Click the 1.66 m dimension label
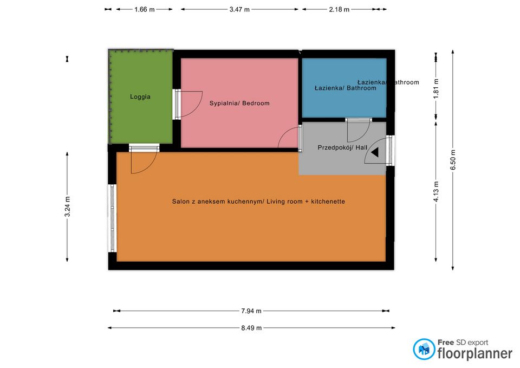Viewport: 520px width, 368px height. point(144,9)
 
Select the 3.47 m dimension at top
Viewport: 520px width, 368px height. point(239,9)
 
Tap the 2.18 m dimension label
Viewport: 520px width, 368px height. point(339,9)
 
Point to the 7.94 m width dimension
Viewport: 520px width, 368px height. point(251,311)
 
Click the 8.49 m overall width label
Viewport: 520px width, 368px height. point(251,328)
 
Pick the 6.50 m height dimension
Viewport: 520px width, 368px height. point(453,159)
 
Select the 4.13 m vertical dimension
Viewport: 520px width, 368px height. point(436,191)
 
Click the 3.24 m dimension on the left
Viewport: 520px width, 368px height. point(67,206)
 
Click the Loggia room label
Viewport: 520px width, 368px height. point(140,97)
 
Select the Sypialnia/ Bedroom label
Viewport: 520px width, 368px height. point(239,103)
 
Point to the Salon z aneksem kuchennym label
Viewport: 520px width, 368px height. point(258,202)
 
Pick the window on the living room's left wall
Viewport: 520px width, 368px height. point(113,218)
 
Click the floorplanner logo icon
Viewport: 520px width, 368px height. point(424,349)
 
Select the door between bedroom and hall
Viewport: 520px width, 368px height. point(290,138)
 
